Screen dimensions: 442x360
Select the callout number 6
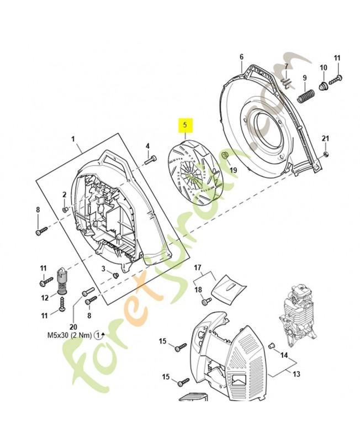point(241,57)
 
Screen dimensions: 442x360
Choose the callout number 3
point(103,269)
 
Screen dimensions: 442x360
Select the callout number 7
point(286,67)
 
